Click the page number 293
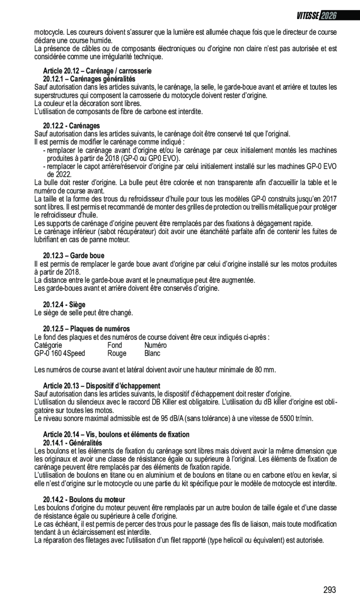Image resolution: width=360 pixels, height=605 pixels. tap(329, 590)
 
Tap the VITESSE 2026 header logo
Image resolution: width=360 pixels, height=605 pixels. tap(316, 15)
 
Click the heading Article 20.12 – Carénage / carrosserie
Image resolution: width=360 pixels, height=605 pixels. tap(97, 71)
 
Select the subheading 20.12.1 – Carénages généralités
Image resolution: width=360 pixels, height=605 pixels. tap(89, 79)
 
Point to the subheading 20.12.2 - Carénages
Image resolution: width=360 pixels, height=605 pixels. tap(71, 126)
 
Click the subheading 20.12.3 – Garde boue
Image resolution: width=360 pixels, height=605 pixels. tap(74, 256)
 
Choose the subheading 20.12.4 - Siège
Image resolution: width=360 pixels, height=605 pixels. tap(64, 305)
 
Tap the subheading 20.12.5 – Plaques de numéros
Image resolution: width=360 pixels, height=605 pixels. tap(86, 329)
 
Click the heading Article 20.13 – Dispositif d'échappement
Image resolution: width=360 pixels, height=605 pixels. tap(102, 386)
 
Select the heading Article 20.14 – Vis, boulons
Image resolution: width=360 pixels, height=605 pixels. tap(116, 435)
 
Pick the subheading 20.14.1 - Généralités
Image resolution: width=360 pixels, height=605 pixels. tap(72, 443)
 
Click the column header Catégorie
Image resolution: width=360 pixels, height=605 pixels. tap(48, 345)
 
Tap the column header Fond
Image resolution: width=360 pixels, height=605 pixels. tap(115, 345)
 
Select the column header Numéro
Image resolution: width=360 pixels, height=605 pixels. tap(155, 345)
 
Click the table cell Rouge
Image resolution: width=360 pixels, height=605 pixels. tap(116, 354)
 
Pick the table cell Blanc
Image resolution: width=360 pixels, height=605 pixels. tap(152, 354)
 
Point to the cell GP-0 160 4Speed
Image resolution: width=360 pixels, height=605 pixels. tap(60, 354)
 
